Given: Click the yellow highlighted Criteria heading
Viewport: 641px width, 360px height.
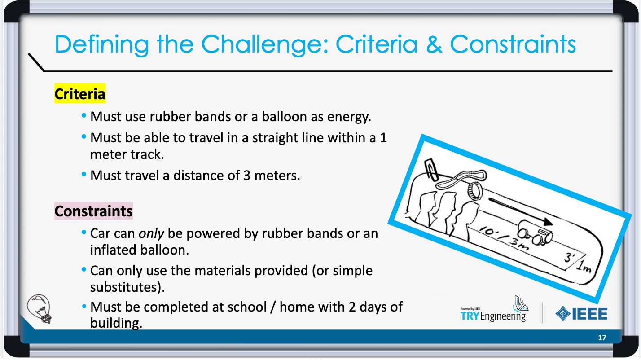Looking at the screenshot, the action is click(x=80, y=93).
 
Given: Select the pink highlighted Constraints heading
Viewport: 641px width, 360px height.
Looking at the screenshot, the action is click(x=93, y=211).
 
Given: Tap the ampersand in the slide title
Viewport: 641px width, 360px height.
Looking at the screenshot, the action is click(x=434, y=44).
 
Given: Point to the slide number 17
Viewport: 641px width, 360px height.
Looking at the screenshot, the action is click(x=602, y=338).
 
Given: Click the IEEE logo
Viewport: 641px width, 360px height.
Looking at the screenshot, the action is click(x=581, y=314).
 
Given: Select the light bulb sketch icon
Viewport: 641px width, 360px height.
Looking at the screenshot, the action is click(x=39, y=309).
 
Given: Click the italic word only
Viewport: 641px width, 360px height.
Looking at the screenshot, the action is click(x=151, y=233).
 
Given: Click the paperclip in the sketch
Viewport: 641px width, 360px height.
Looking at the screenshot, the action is click(x=431, y=170).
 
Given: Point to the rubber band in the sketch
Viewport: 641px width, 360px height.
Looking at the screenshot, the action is click(x=461, y=179).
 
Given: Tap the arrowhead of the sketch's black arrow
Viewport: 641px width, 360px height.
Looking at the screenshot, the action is click(x=548, y=222).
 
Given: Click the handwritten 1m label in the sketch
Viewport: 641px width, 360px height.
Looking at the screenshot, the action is click(x=584, y=267).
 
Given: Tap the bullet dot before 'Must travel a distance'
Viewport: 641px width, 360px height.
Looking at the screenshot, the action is click(x=84, y=174).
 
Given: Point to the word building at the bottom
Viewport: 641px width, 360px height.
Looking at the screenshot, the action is click(x=116, y=323).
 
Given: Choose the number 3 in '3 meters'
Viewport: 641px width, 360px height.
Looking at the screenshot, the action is click(x=247, y=176).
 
